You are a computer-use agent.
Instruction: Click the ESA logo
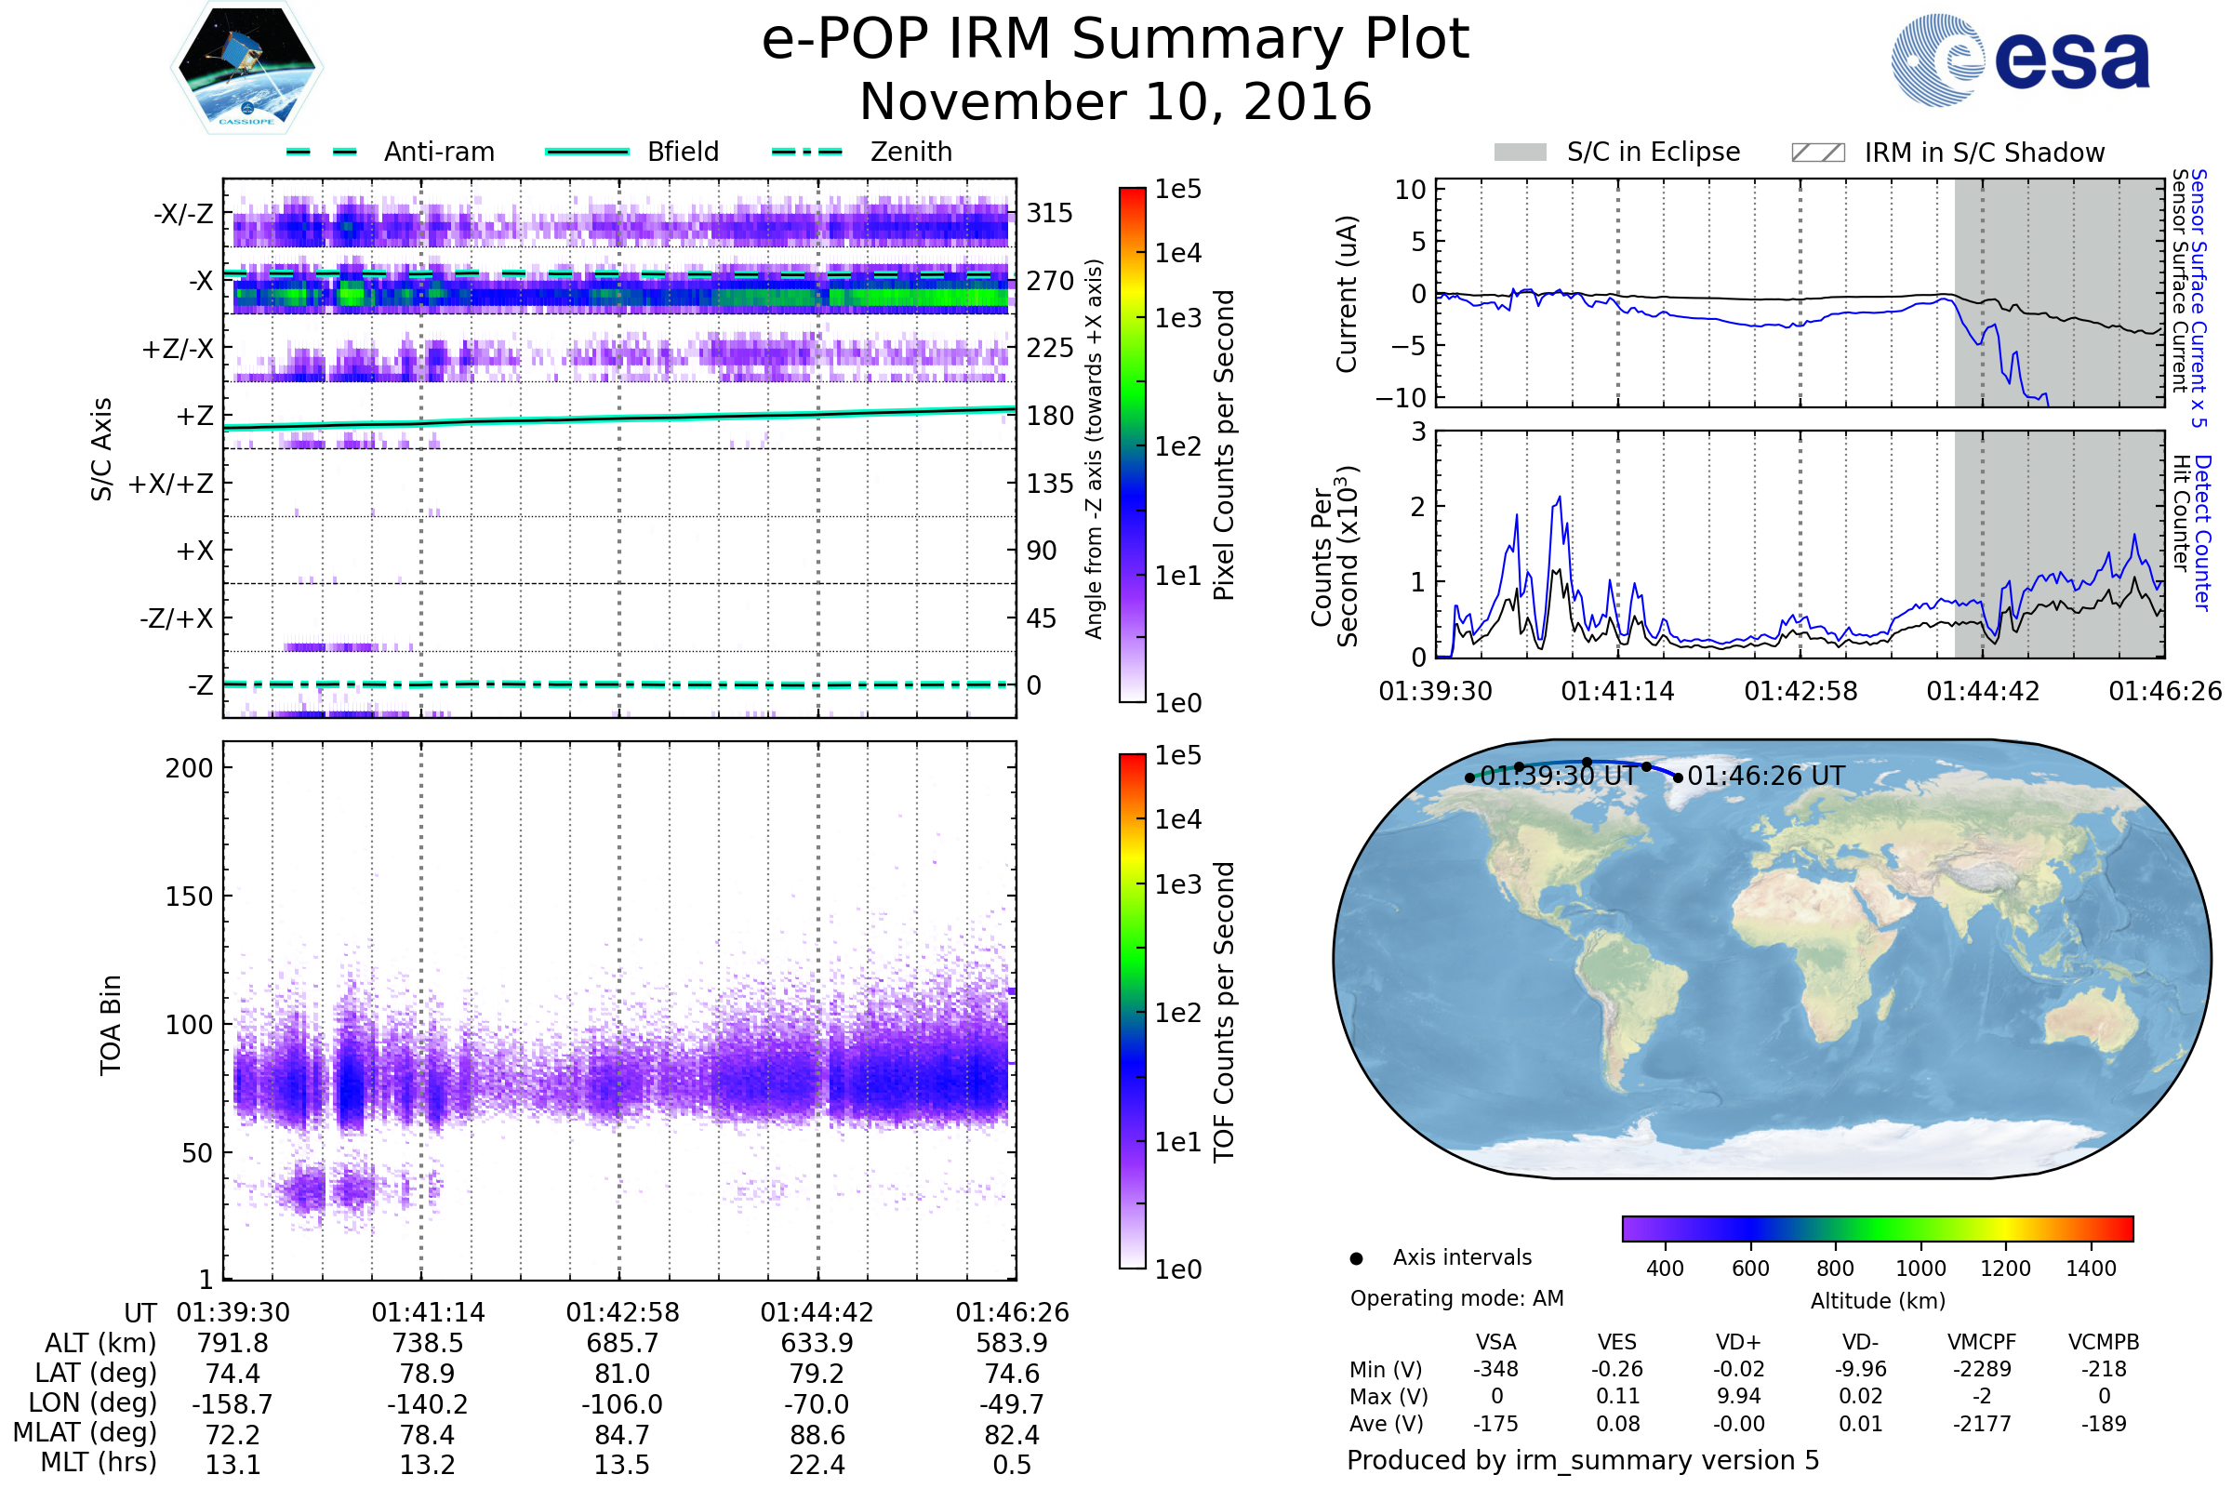coord(2019,60)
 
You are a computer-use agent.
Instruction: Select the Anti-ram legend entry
coord(438,152)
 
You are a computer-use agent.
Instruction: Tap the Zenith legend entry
coord(910,152)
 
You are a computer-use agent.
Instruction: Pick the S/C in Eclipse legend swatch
coord(1520,153)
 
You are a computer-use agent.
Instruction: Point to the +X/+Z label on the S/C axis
coord(171,484)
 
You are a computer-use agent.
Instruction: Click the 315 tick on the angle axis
coord(1050,213)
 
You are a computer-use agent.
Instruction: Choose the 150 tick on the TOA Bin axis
coord(189,897)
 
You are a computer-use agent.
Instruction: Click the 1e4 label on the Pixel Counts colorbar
coord(1177,253)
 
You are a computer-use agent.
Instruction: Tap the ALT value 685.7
coord(621,1343)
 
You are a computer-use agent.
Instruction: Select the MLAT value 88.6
coord(817,1435)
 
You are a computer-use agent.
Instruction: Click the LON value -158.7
coord(232,1403)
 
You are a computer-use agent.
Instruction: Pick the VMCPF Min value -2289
coord(1982,1369)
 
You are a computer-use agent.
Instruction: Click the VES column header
coord(1617,1342)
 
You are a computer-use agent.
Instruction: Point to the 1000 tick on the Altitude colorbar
coord(1920,1269)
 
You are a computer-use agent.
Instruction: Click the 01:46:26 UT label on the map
coord(1765,777)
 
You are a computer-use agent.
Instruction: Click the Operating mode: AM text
coord(1456,1298)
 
